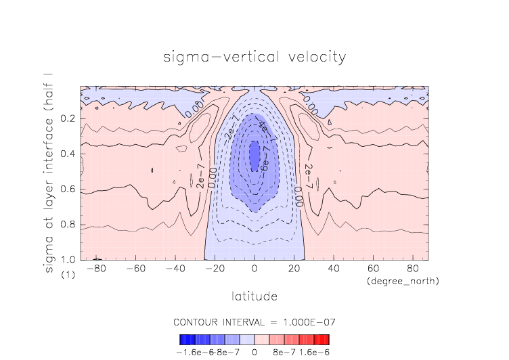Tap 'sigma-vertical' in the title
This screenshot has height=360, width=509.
click(x=215, y=57)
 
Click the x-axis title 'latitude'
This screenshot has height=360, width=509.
click(x=255, y=296)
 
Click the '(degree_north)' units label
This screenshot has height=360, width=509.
click(x=403, y=281)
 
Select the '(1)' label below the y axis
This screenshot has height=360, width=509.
click(x=68, y=275)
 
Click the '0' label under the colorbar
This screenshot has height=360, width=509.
click(x=255, y=352)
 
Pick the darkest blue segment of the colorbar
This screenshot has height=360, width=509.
click(x=183, y=339)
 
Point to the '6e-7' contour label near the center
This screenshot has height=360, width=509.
click(x=265, y=162)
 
